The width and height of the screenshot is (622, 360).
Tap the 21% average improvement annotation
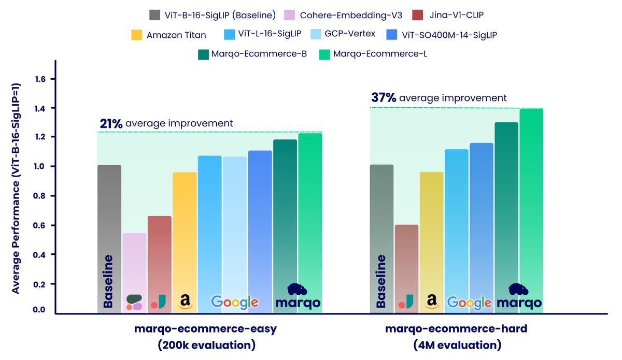pos(166,123)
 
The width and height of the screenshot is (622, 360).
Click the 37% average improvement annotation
pos(439,97)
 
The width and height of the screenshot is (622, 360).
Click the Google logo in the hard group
pos(469,303)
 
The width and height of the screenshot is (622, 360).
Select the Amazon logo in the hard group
pos(431,301)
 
